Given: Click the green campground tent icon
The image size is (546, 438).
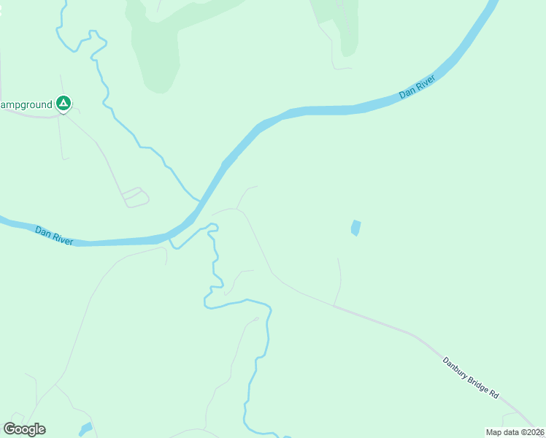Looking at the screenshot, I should (x=64, y=104).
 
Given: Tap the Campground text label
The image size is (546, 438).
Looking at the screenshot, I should (x=26, y=105).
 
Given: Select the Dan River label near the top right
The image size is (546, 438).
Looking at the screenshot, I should (x=418, y=86).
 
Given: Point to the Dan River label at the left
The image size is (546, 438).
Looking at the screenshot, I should (x=54, y=235).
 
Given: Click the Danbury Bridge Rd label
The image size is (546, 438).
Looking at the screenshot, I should (x=470, y=377).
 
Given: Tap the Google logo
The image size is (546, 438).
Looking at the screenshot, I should (x=24, y=429).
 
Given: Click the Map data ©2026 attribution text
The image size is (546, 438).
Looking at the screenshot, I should (x=515, y=432).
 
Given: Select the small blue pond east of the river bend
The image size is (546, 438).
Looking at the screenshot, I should (x=355, y=228).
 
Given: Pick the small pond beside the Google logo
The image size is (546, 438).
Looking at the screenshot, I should (x=85, y=428).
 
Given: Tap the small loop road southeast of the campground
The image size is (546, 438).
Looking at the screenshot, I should (x=136, y=197).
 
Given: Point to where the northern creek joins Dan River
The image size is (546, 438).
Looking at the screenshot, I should (x=198, y=199).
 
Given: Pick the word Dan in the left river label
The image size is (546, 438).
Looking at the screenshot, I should (x=43, y=231).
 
